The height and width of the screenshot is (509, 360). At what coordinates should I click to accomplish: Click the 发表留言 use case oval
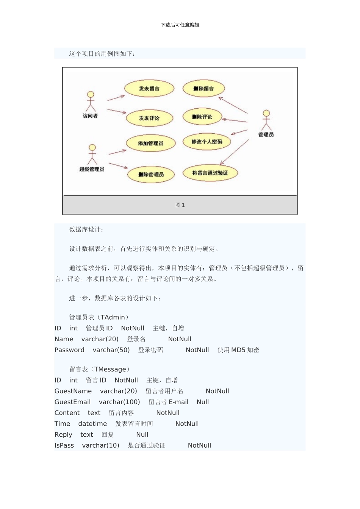pyautogui.click(x=149, y=89)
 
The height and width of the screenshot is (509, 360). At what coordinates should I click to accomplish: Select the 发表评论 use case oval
pyautogui.click(x=149, y=118)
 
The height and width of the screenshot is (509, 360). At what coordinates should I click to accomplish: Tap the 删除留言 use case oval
pyautogui.click(x=203, y=89)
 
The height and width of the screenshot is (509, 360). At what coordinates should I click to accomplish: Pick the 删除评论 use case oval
pyautogui.click(x=202, y=117)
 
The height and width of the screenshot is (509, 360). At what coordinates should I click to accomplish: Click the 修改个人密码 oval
pyautogui.click(x=207, y=142)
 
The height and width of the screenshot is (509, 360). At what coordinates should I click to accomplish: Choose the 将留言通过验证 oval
pyautogui.click(x=210, y=173)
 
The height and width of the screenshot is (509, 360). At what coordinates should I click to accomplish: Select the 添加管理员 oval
pyautogui.click(x=151, y=143)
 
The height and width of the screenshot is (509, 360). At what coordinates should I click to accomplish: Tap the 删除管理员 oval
pyautogui.click(x=151, y=175)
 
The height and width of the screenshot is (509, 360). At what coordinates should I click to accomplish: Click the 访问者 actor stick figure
pyautogui.click(x=90, y=101)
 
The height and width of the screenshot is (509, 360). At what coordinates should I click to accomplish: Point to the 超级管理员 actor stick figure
pyautogui.click(x=92, y=154)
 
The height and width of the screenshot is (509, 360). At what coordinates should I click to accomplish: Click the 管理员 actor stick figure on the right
pyautogui.click(x=266, y=120)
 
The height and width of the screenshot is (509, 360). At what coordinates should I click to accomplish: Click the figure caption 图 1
pyautogui.click(x=180, y=205)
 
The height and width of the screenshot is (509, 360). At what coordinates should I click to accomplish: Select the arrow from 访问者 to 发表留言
pyautogui.click(x=116, y=98)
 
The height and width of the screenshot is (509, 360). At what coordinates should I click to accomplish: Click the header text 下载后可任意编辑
pyautogui.click(x=180, y=25)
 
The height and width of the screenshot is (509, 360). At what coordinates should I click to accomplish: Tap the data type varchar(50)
pyautogui.click(x=111, y=350)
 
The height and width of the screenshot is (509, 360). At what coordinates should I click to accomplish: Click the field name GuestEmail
pyautogui.click(x=72, y=402)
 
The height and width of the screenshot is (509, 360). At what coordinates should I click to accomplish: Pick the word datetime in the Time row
pyautogui.click(x=92, y=424)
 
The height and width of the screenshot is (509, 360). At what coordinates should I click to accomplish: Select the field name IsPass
pyautogui.click(x=64, y=445)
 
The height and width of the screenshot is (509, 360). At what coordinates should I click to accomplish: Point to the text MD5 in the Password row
pyautogui.click(x=238, y=350)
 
